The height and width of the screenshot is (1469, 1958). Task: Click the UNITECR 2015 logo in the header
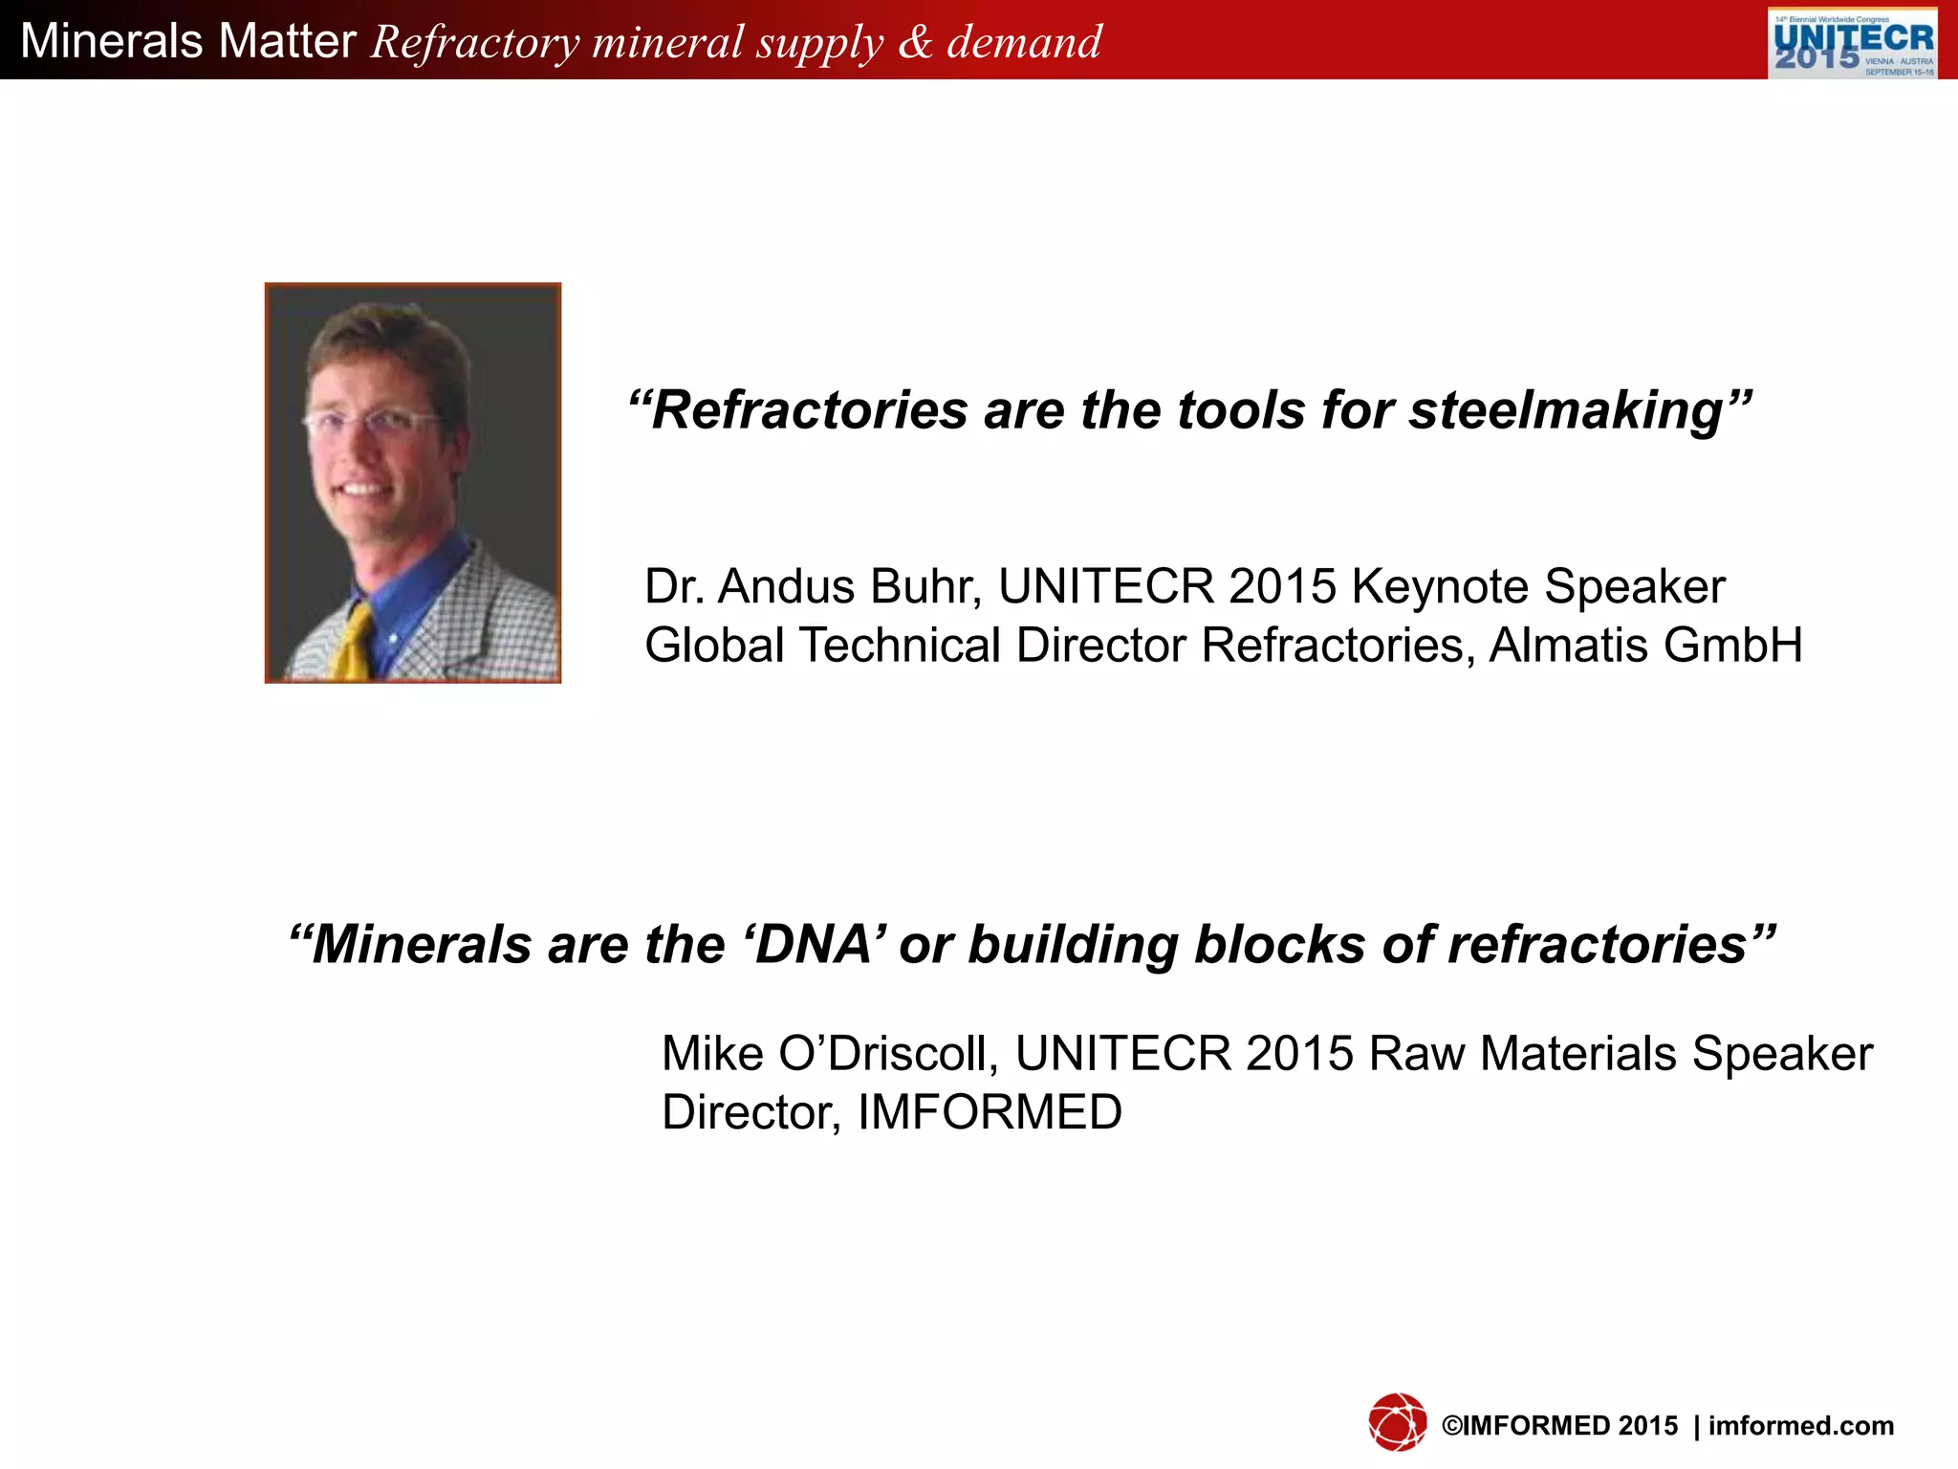(1852, 43)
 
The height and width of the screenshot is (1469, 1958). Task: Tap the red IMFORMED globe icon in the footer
(1397, 1422)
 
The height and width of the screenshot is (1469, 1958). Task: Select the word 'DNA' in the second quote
(814, 945)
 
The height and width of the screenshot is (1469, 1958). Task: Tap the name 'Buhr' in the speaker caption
(926, 586)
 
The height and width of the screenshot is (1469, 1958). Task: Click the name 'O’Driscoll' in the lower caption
(888, 1054)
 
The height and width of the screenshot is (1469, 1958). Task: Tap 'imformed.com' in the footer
(1800, 1426)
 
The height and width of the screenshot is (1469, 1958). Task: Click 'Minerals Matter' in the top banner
(188, 41)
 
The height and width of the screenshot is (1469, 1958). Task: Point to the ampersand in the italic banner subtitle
(915, 43)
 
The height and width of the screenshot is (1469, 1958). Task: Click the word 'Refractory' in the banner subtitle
(475, 43)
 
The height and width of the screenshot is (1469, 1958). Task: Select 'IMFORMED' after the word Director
(990, 1112)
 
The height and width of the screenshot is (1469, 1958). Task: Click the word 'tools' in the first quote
(1240, 410)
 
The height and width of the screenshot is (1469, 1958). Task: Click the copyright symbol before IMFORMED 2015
(1451, 1426)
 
